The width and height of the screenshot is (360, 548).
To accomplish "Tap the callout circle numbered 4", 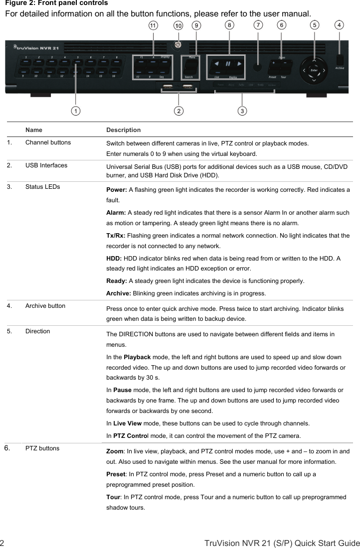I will pyautogui.click(x=340, y=24).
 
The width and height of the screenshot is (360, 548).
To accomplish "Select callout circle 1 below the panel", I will pyautogui.click(x=75, y=111).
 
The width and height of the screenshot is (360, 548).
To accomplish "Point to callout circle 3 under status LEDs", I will pyautogui.click(x=242, y=111).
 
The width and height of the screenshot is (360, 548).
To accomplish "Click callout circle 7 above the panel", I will pyautogui.click(x=258, y=24).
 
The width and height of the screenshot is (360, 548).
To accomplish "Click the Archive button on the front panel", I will pyautogui.click(x=340, y=59).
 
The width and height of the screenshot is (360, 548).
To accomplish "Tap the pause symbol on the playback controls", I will pyautogui.click(x=227, y=64).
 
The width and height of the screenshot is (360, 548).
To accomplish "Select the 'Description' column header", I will pyautogui.click(x=123, y=130).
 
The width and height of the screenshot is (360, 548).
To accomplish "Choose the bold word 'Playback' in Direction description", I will pyautogui.click(x=137, y=357).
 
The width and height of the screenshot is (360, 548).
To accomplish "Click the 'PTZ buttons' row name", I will pyautogui.click(x=42, y=448).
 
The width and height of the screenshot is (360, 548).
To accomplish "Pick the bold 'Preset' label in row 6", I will pyautogui.click(x=116, y=474).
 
